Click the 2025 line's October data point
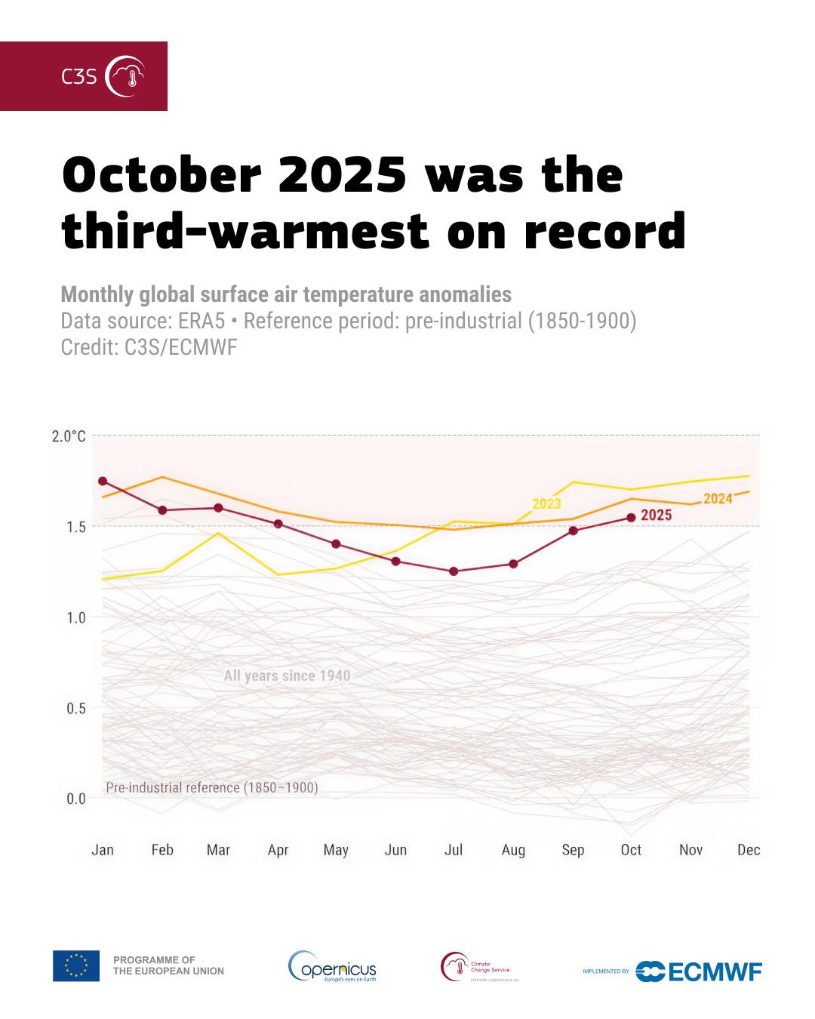click(x=631, y=517)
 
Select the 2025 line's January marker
click(x=103, y=481)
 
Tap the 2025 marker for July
click(x=454, y=571)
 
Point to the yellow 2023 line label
click(x=546, y=503)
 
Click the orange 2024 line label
click(x=718, y=498)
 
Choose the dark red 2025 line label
click(x=656, y=516)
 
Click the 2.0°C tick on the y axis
click(x=69, y=436)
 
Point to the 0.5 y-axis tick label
click(x=75, y=708)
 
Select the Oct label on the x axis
click(x=631, y=850)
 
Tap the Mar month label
click(x=218, y=850)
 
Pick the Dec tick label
click(x=749, y=850)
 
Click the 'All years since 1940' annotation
click(x=287, y=676)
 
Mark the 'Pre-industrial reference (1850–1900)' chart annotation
click(x=212, y=787)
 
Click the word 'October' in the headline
click(x=161, y=175)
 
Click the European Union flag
click(x=76, y=965)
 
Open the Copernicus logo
click(x=332, y=966)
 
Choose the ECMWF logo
click(x=699, y=971)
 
